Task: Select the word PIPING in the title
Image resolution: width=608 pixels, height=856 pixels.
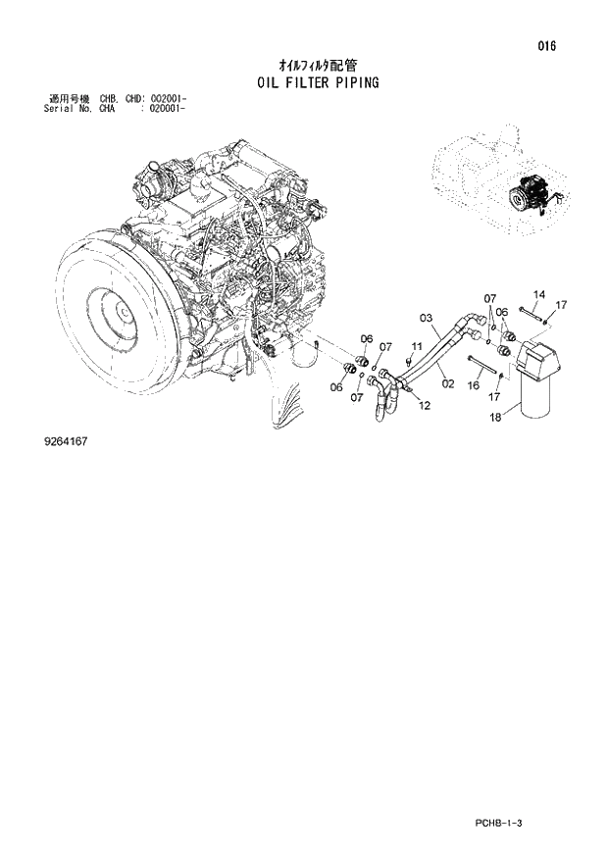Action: point(354,83)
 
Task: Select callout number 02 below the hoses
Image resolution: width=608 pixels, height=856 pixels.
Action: point(447,383)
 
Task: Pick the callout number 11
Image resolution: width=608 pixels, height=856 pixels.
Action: point(416,346)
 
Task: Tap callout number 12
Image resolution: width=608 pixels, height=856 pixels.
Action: point(424,404)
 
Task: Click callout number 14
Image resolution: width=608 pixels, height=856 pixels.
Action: point(538,295)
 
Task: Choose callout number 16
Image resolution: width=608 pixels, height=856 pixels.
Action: point(473,386)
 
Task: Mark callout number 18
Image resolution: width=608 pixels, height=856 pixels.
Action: point(494,417)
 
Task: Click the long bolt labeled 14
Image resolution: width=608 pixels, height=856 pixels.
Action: point(533,314)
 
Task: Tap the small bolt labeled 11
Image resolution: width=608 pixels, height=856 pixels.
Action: point(409,361)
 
